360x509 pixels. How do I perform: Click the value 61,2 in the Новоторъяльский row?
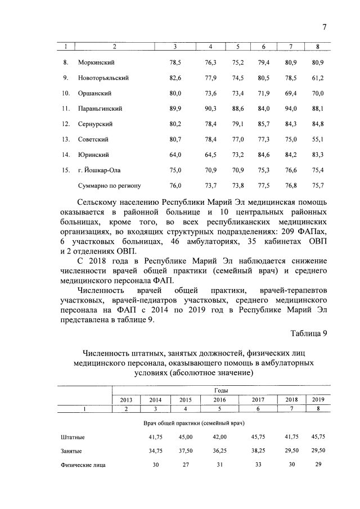click(x=319, y=78)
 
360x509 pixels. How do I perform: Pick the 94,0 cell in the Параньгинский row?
click(x=291, y=108)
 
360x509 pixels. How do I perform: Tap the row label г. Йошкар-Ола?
click(x=99, y=170)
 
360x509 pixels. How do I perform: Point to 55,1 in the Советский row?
click(x=319, y=139)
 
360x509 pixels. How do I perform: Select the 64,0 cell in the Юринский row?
click(x=175, y=155)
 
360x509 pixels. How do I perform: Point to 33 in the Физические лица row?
click(x=258, y=465)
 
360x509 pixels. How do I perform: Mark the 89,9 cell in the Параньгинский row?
click(x=175, y=108)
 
